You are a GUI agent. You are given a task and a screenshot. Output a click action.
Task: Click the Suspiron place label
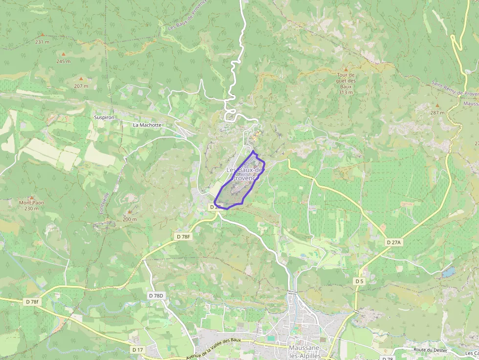pos(104,118)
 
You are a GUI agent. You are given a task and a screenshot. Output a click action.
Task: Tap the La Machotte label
pos(147,125)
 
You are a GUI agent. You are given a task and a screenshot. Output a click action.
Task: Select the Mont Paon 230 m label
pos(32,206)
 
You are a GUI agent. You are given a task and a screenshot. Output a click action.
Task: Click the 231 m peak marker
pos(42,35)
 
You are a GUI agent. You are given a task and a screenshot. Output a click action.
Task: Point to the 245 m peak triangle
pos(63,54)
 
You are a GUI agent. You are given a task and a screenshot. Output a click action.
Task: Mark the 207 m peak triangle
pos(81,78)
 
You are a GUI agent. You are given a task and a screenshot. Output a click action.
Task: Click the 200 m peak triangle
pos(130,212)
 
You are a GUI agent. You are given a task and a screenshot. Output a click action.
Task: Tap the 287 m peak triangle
pos(437,105)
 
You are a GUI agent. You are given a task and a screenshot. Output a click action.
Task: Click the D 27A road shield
pos(393,242)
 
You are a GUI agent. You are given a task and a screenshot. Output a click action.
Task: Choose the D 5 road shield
pos(359,281)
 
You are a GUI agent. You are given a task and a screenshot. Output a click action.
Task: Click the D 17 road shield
pos(138,350)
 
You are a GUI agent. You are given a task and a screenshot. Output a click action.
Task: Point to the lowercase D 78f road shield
pos(31,302)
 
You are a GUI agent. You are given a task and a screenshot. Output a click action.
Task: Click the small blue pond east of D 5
pos(449,272)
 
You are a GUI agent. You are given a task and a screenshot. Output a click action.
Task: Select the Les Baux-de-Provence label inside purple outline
pos(245,174)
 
